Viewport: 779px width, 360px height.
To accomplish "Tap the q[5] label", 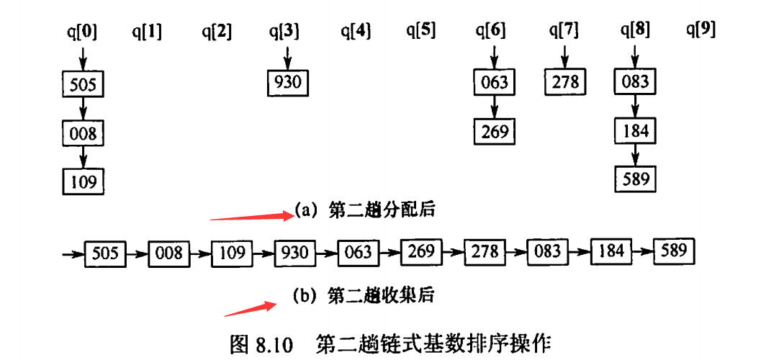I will (x=420, y=31).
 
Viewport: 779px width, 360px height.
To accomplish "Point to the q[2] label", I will (x=217, y=31).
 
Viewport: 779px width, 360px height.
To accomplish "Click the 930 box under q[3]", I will (x=287, y=82).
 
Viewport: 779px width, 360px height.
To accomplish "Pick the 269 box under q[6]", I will (x=495, y=132).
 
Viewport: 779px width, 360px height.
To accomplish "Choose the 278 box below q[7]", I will (x=564, y=82).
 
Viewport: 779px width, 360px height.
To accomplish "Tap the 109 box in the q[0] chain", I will (x=84, y=181).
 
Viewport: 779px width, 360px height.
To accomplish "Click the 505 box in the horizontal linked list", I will (x=105, y=253).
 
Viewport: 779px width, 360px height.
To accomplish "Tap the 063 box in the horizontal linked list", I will (x=358, y=252).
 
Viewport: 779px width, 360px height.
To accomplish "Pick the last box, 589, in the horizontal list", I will (x=675, y=251).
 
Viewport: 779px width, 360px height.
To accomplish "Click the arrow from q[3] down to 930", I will (x=287, y=56).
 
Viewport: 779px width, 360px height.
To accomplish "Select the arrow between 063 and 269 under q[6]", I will (x=495, y=107).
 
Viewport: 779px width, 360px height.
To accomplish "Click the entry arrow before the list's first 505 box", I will (x=73, y=253).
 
